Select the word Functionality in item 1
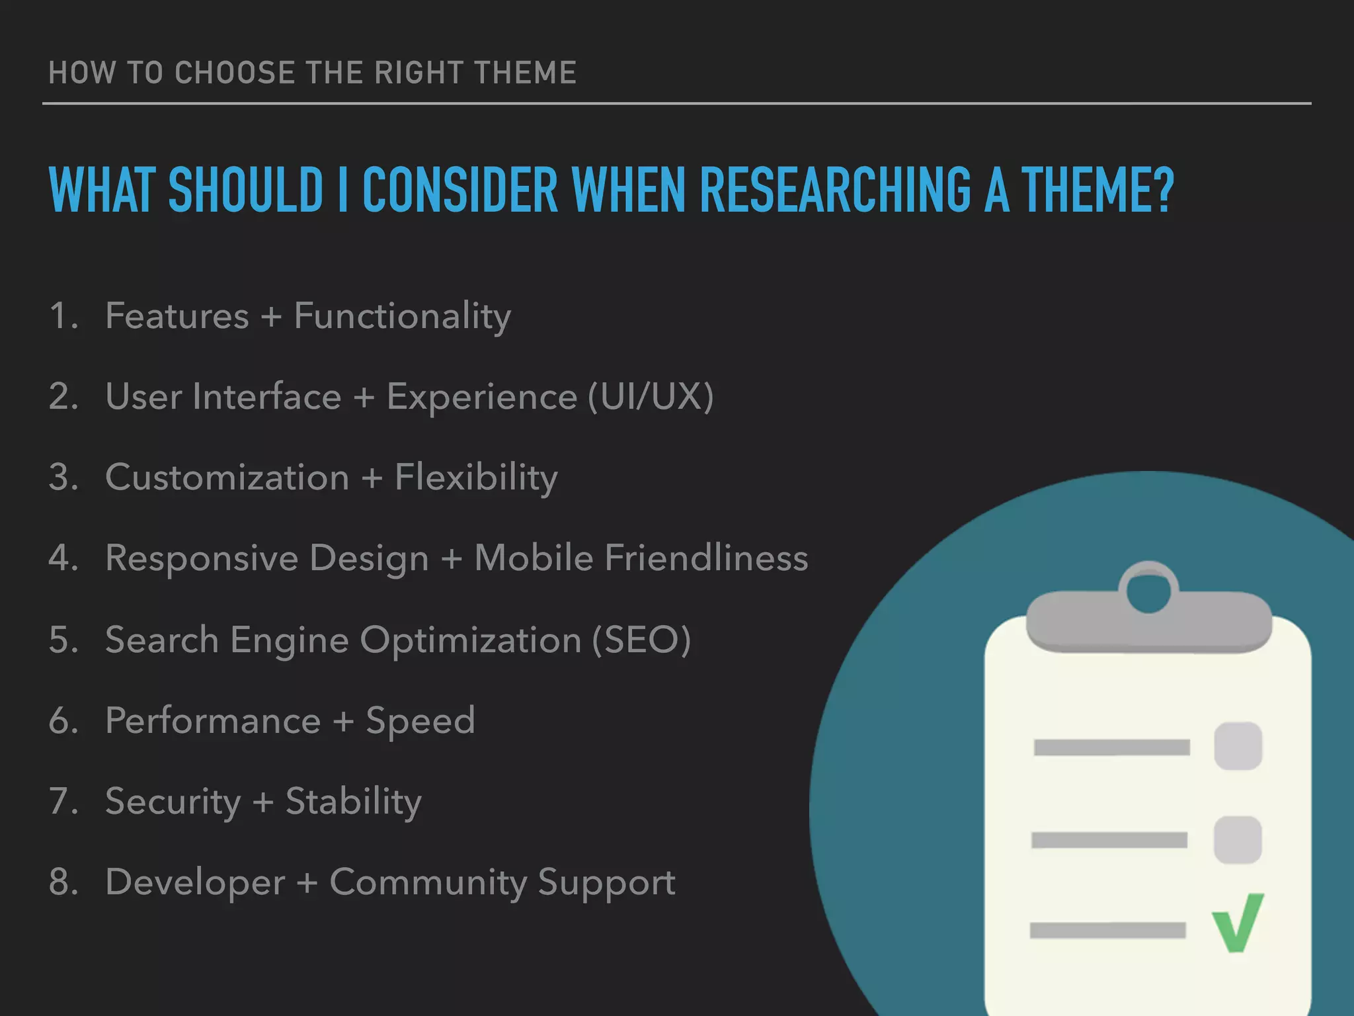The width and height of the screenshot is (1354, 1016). click(402, 316)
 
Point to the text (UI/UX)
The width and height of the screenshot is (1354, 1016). click(651, 397)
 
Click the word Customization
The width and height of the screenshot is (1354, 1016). click(227, 478)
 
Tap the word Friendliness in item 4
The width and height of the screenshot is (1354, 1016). click(706, 558)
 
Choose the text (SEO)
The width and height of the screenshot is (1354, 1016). click(641, 640)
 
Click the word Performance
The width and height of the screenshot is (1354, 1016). click(213, 720)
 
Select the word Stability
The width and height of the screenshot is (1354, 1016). click(353, 802)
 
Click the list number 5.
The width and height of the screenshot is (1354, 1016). click(63, 640)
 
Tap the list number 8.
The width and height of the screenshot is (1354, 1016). click(63, 882)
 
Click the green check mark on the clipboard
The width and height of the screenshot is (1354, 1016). click(1237, 923)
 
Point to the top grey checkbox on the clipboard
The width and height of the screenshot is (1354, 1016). click(1238, 746)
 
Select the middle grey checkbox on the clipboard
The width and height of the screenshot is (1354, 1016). click(1237, 839)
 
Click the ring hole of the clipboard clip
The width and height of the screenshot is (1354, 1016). click(1148, 591)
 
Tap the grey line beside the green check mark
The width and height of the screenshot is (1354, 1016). click(1107, 931)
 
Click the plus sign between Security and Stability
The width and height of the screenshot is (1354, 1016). click(263, 803)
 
